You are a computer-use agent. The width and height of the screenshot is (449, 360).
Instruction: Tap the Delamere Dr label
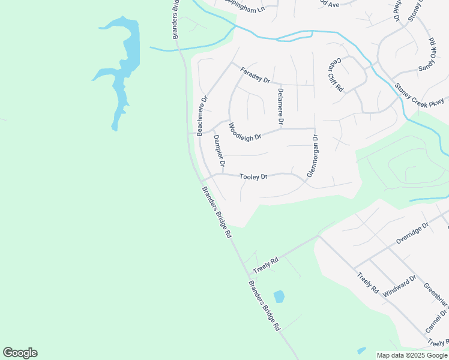click(x=280, y=107)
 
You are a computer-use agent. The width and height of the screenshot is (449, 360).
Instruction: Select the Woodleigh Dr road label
click(x=244, y=132)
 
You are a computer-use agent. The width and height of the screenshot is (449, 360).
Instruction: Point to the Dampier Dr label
click(x=218, y=149)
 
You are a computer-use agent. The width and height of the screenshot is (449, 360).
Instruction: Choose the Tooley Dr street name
click(x=253, y=177)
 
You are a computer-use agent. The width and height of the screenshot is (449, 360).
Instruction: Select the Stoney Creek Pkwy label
click(x=419, y=95)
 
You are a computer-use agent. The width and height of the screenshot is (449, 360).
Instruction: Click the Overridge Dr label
click(x=412, y=233)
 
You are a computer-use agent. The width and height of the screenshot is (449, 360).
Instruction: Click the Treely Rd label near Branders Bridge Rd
click(x=266, y=262)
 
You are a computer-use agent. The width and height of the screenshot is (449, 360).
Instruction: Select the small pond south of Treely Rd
click(x=279, y=296)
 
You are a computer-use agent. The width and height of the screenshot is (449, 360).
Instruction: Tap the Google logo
click(x=20, y=353)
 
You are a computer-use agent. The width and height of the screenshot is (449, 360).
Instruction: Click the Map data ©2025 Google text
click(x=412, y=355)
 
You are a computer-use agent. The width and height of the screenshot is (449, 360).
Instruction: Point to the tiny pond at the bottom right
click(x=361, y=350)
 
